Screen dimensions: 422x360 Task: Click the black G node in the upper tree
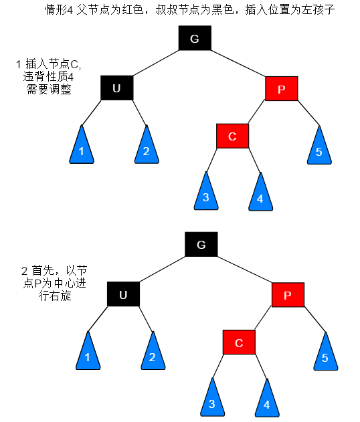click(195, 38)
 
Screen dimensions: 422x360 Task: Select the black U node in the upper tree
click(117, 88)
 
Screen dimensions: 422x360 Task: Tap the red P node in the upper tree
click(281, 88)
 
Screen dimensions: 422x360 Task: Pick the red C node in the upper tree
click(232, 136)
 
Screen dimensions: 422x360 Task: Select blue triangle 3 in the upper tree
click(206, 195)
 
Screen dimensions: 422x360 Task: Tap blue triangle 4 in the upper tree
click(260, 196)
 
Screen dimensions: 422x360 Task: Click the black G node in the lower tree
click(201, 244)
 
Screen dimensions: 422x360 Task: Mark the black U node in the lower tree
click(123, 294)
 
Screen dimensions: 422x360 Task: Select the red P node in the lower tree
click(288, 294)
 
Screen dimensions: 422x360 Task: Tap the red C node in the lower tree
click(239, 342)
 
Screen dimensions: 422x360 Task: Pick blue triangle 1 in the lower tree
click(87, 354)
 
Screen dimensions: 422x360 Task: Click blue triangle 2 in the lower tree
click(152, 354)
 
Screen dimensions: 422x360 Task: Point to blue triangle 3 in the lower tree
click(212, 401)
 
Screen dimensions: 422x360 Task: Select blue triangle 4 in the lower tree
click(266, 402)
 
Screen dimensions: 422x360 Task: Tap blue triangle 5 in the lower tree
click(325, 354)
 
